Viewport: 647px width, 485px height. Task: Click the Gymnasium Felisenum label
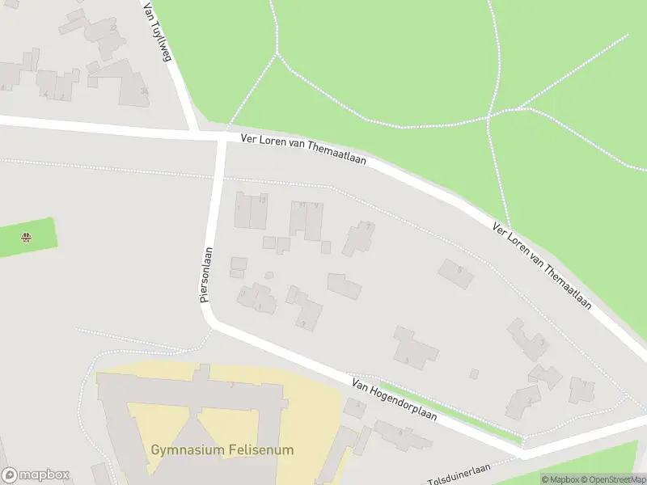[x=222, y=449]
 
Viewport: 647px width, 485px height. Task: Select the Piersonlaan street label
[x=206, y=275]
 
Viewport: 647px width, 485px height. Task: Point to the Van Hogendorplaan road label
[x=394, y=400]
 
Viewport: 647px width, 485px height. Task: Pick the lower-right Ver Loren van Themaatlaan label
[x=543, y=267]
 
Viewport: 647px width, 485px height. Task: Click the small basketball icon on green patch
[x=27, y=238]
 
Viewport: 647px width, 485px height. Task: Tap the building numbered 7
[x=358, y=238]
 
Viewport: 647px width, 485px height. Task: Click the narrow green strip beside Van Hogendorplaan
[x=453, y=412]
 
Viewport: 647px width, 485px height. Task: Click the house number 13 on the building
[x=263, y=199]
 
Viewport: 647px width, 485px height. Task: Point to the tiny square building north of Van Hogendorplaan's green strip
[x=474, y=373]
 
